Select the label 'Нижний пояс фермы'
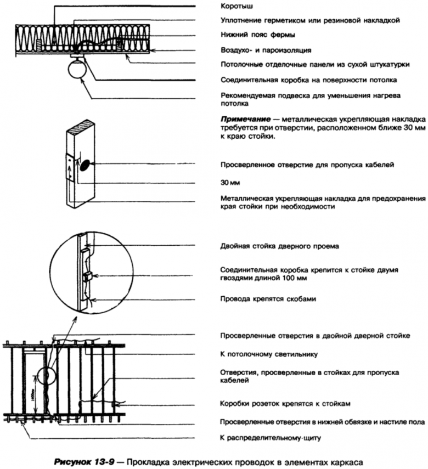[255, 36]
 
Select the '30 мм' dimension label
[229, 181]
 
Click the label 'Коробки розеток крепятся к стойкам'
[285, 403]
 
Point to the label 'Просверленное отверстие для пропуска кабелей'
[307, 164]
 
